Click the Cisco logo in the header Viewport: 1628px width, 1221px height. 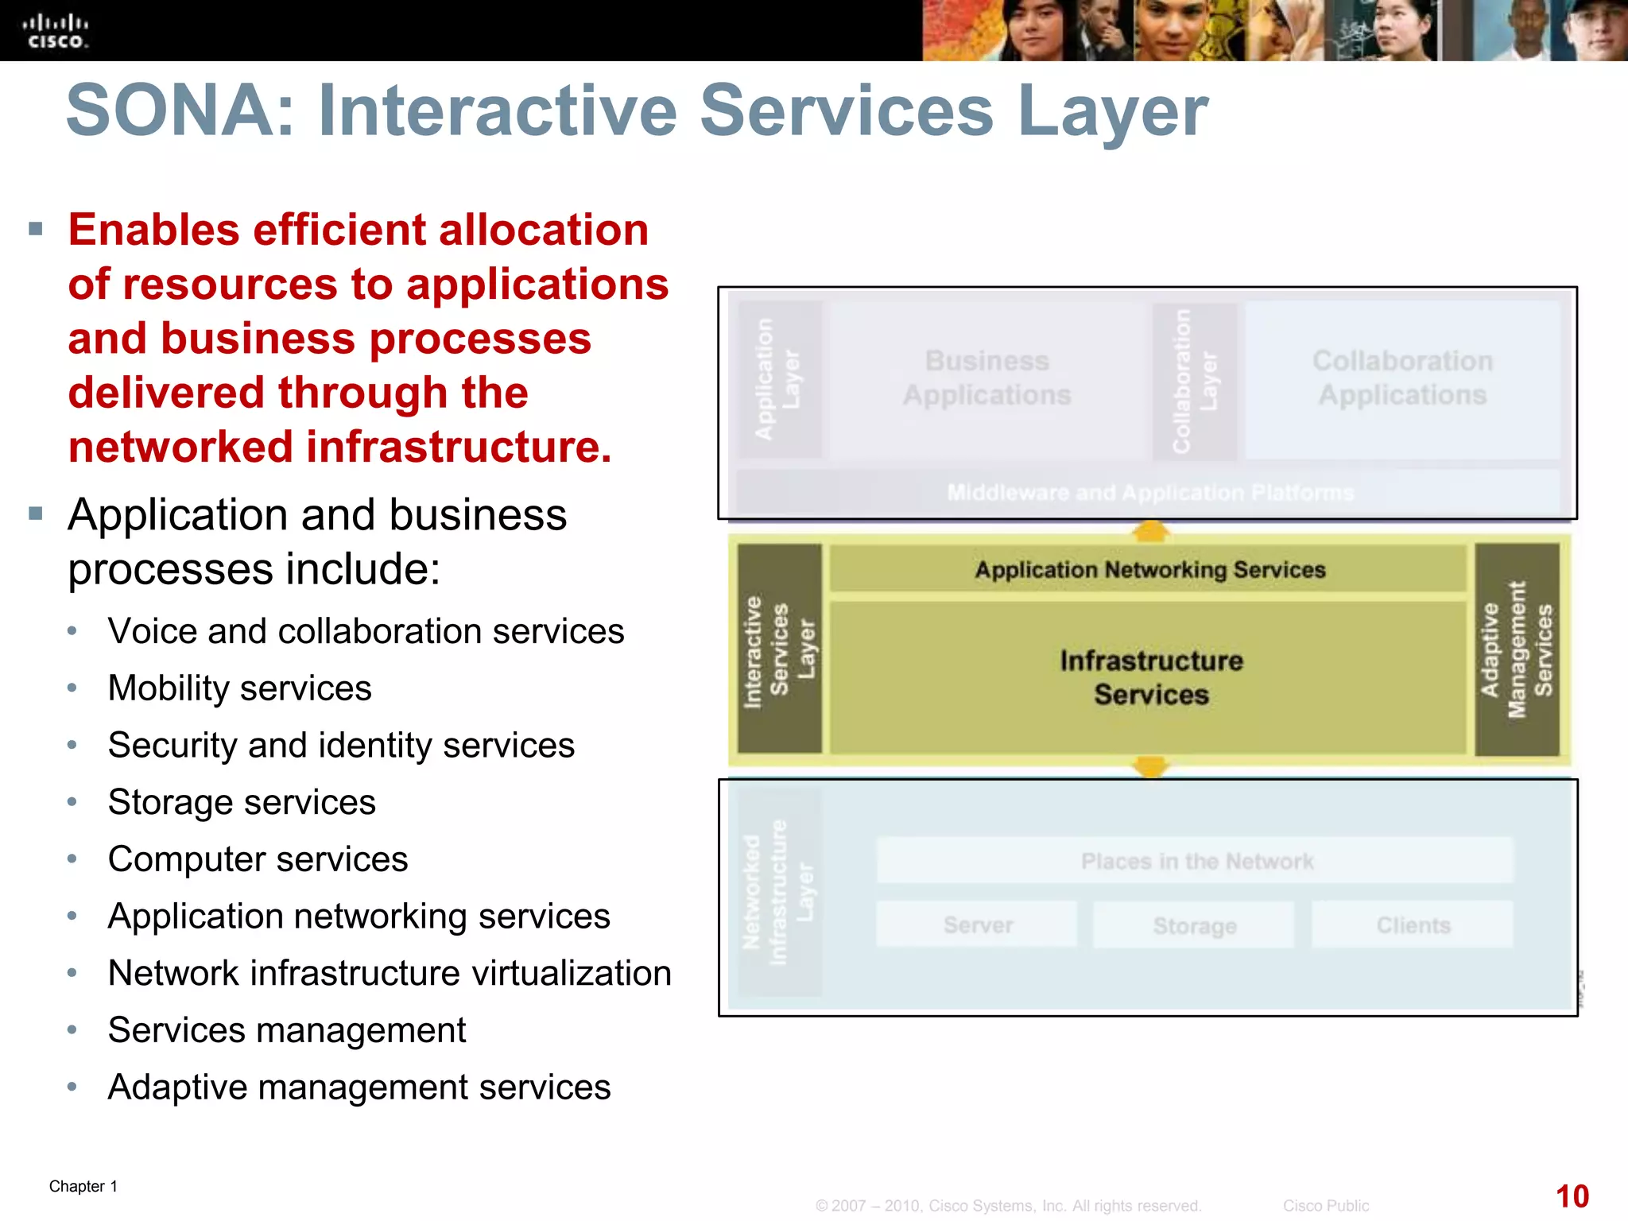55,31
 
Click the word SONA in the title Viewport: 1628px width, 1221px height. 171,111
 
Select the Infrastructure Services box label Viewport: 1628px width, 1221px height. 1150,677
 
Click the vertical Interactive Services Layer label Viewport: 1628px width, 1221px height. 779,649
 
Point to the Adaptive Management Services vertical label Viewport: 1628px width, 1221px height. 1517,649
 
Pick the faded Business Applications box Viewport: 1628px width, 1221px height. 986,378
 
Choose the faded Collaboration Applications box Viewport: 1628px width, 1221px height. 1402,378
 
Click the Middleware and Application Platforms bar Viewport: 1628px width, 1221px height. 1149,493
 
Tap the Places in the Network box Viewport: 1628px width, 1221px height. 1196,861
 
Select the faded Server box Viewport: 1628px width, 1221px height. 977,925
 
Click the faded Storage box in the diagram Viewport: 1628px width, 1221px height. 1194,926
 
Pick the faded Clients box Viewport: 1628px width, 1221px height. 1413,925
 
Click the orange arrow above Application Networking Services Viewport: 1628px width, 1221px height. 1150,530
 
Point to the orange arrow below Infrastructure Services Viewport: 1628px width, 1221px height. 1150,766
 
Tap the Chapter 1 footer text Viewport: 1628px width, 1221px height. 83,1186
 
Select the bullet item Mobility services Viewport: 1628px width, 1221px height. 239,688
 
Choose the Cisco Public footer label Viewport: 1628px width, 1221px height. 1325,1206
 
